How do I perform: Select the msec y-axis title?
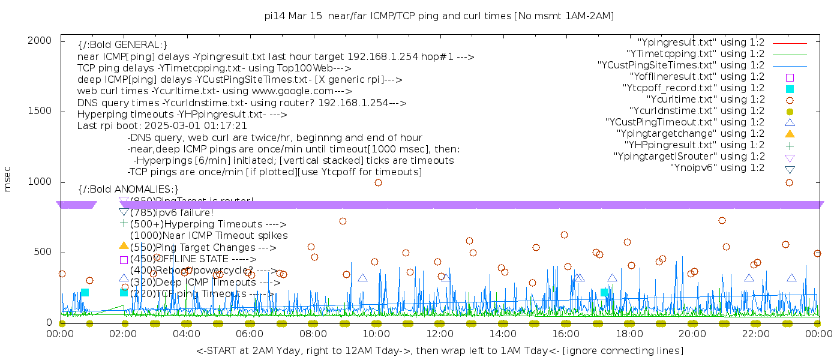[8, 181]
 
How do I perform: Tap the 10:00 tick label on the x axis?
[376, 334]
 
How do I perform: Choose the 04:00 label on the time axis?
[187, 334]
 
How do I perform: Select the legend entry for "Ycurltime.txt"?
[705, 99]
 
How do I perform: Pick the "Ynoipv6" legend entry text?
[717, 167]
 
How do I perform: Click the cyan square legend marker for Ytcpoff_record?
[790, 88]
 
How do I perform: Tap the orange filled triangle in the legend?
[790, 133]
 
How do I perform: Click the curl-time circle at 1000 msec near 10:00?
[378, 182]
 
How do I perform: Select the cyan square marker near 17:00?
[604, 292]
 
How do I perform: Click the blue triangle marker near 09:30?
[362, 278]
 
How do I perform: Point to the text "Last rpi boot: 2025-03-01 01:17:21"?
[162, 126]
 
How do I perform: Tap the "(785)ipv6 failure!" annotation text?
[172, 212]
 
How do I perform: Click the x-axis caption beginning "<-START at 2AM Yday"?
[439, 350]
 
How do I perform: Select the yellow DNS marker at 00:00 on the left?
[62, 323]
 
